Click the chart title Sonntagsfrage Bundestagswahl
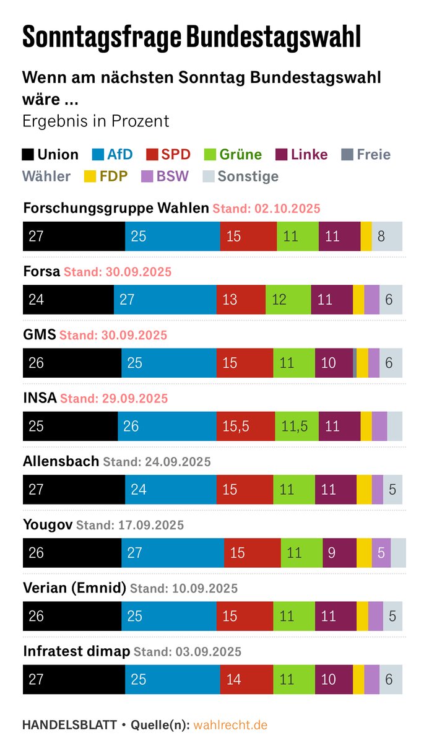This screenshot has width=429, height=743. (x=191, y=37)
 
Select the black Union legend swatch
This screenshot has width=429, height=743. (x=28, y=155)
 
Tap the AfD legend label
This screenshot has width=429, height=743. (x=119, y=155)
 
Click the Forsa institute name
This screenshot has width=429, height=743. (x=41, y=272)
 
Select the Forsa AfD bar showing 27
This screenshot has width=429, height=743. (x=165, y=300)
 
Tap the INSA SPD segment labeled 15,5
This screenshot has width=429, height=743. (x=245, y=426)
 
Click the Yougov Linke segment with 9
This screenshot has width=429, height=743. (x=339, y=552)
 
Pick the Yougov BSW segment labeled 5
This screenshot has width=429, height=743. (x=381, y=552)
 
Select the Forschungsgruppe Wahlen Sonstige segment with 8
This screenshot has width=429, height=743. (x=387, y=237)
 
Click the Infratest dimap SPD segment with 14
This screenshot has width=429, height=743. (x=246, y=679)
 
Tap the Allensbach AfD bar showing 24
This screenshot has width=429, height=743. (x=170, y=489)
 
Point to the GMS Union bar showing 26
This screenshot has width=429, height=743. (x=72, y=363)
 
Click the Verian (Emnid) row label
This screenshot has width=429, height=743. (x=74, y=588)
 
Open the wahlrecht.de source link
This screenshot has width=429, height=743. (x=230, y=724)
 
